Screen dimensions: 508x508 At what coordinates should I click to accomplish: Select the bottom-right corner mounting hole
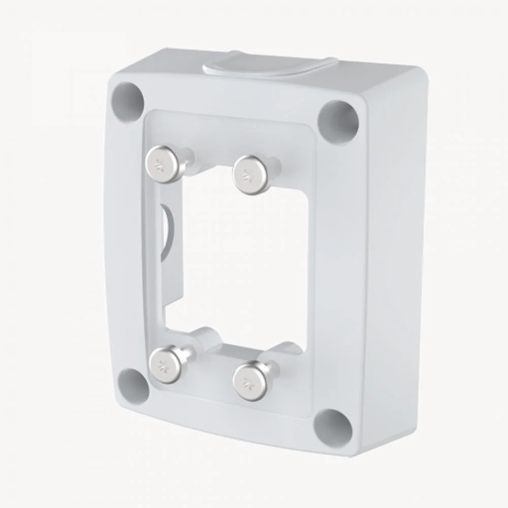333,426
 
